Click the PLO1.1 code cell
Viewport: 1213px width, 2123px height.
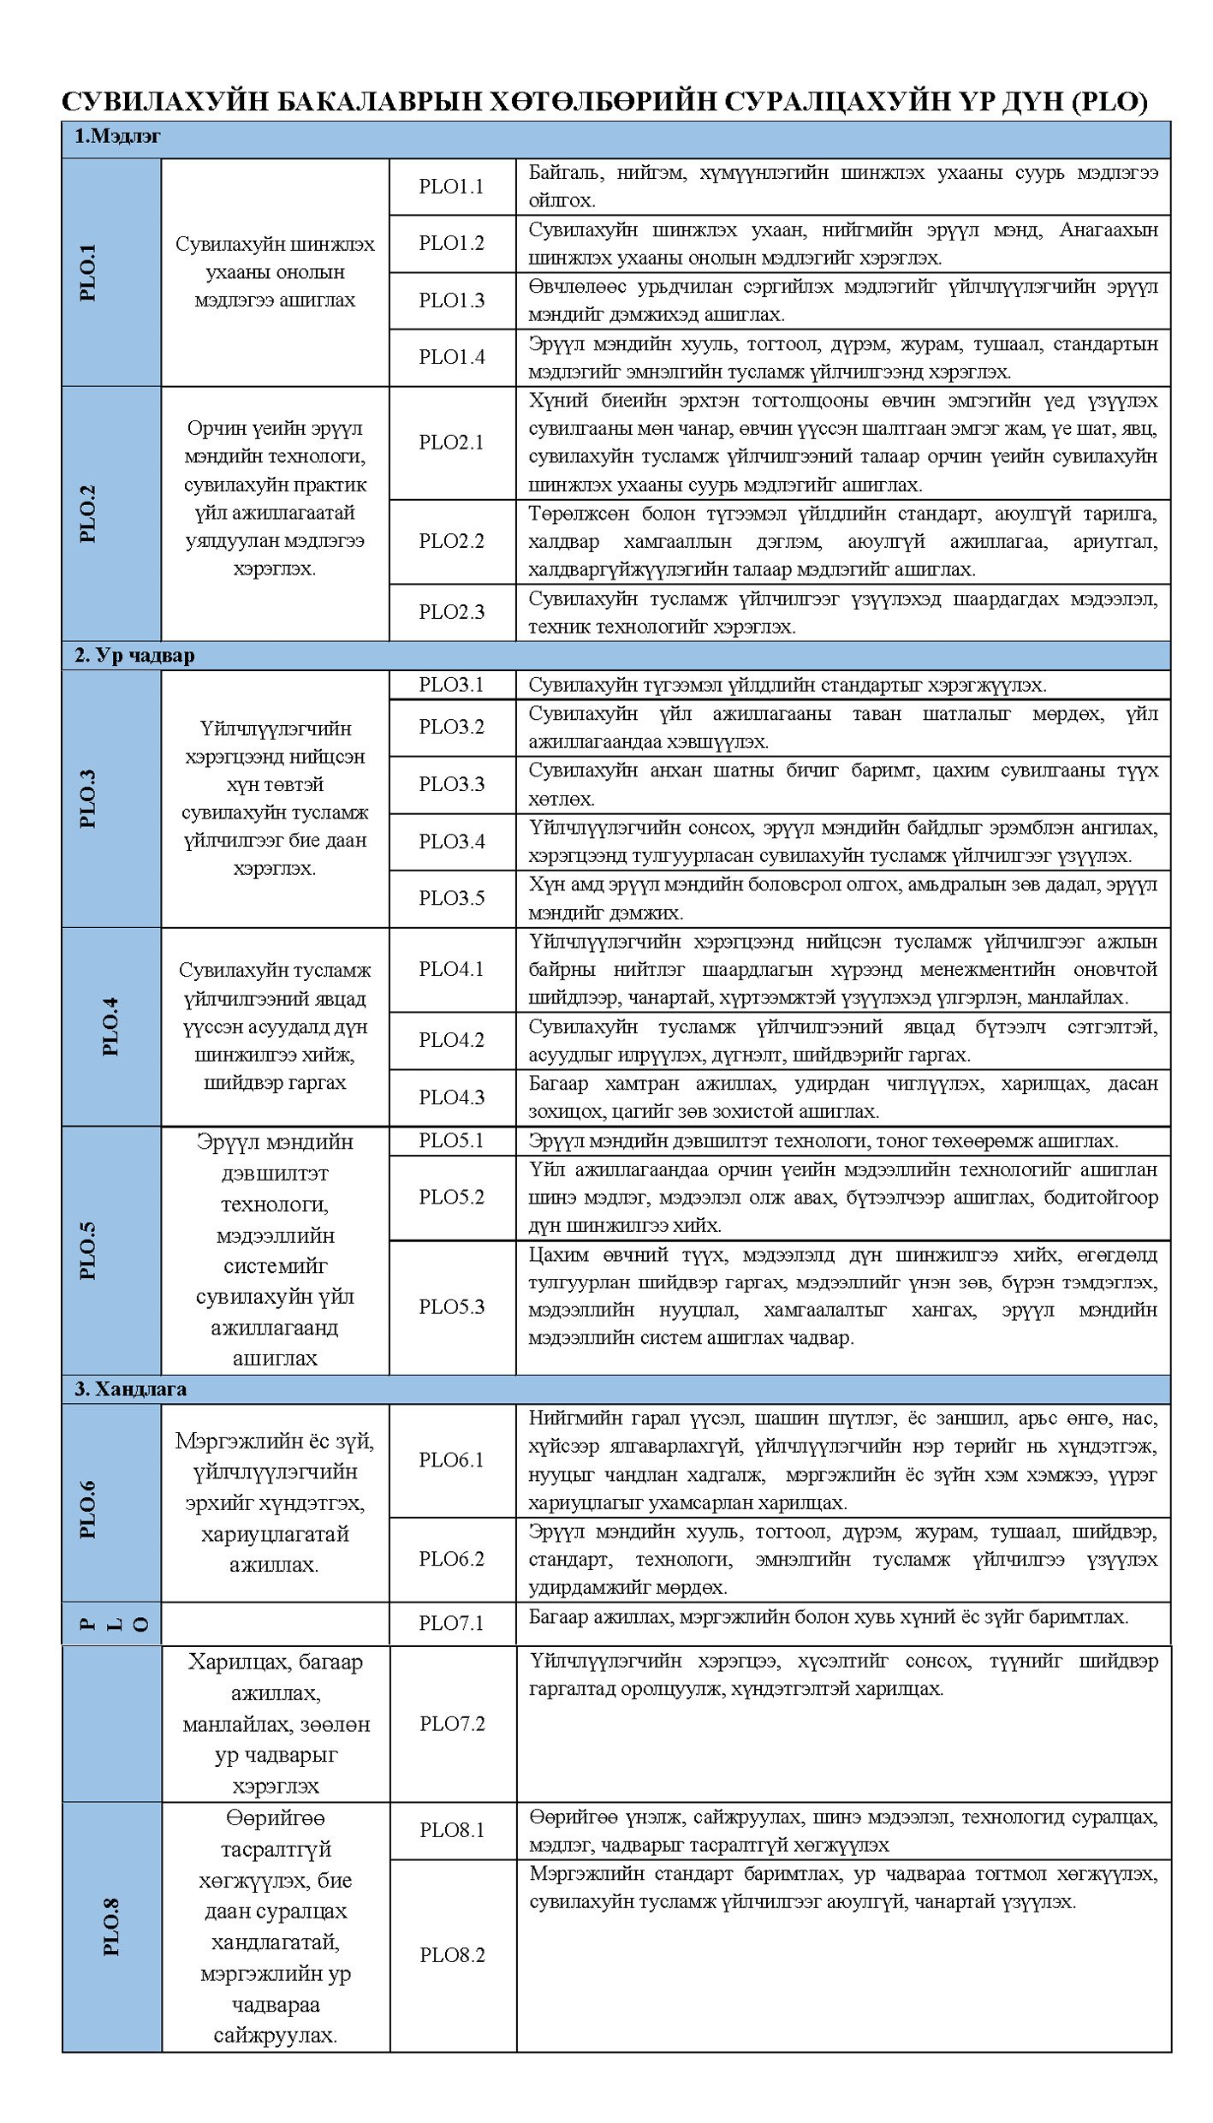[451, 187]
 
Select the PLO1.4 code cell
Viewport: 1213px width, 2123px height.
[451, 357]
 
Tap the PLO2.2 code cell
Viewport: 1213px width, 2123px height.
[451, 541]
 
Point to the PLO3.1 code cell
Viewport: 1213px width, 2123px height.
[451, 684]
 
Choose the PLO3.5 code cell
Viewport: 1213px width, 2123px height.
[451, 898]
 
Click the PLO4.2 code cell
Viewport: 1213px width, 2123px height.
[451, 1040]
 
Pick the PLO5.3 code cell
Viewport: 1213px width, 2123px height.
[451, 1306]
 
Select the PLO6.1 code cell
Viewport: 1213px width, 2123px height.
[451, 1460]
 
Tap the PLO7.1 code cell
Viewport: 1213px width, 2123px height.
[451, 1622]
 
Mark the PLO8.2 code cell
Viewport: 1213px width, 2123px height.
[452, 1954]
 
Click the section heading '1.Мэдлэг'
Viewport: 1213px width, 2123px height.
[117, 136]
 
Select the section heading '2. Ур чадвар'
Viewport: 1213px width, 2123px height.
[134, 655]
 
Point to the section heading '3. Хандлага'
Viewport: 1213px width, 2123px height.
[130, 1389]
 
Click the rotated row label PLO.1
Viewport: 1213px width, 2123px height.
[88, 272]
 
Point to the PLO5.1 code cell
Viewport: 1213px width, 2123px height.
[451, 1140]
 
